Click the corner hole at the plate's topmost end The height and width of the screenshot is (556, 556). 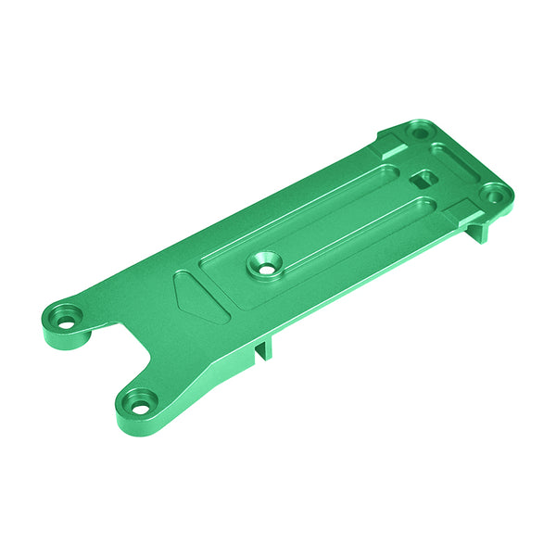[420, 133]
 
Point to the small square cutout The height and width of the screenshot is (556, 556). [423, 180]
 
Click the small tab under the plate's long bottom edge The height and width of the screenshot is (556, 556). [262, 348]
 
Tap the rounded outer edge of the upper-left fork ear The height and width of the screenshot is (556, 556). [46, 324]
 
